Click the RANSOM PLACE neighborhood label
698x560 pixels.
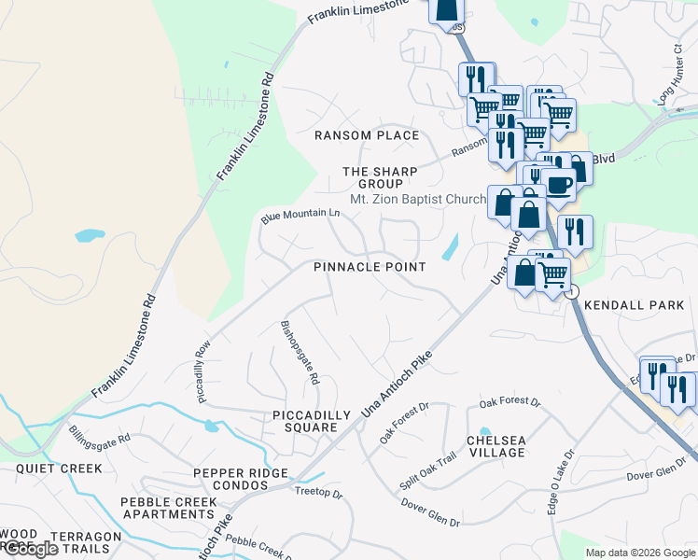367,135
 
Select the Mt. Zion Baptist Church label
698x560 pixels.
417,199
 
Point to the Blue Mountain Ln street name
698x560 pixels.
300,216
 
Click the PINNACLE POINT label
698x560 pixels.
370,267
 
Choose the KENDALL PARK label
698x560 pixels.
634,305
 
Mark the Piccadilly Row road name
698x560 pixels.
204,372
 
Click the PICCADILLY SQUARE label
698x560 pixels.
311,421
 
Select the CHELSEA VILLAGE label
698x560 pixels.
497,446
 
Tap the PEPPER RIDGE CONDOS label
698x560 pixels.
241,480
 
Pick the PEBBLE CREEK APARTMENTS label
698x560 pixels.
168,509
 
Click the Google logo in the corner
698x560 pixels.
30,550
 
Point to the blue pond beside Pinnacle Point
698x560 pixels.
451,246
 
